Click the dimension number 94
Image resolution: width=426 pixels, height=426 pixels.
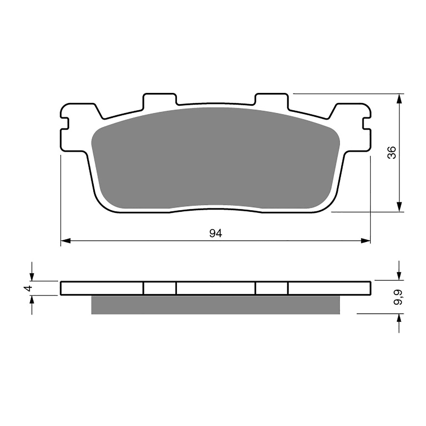click(x=215, y=233)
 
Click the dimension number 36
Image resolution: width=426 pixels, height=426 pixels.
click(x=392, y=153)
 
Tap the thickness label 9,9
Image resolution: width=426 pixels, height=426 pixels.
click(x=399, y=297)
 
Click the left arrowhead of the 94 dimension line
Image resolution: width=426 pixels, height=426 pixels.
click(x=65, y=241)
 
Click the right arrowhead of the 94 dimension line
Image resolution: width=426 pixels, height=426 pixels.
click(x=366, y=241)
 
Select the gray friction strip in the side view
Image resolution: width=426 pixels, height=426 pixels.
click(x=215, y=305)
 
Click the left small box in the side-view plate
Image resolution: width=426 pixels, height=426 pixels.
click(x=160, y=288)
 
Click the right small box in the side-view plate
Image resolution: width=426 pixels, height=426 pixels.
click(x=272, y=288)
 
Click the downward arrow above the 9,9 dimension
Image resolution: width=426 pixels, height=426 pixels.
click(x=399, y=275)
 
